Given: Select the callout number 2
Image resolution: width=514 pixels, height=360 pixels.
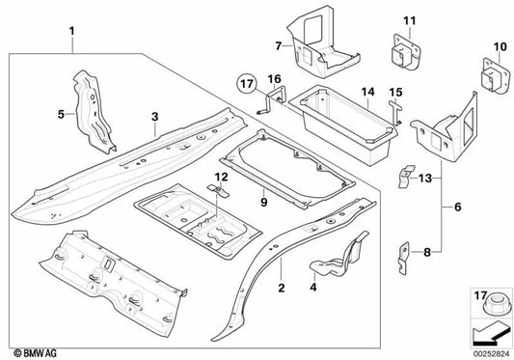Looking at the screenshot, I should coord(281,287).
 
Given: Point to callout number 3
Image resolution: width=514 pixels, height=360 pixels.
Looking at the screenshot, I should coord(153,118).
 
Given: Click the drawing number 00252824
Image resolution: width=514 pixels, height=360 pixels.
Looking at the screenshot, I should coord(491,351).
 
